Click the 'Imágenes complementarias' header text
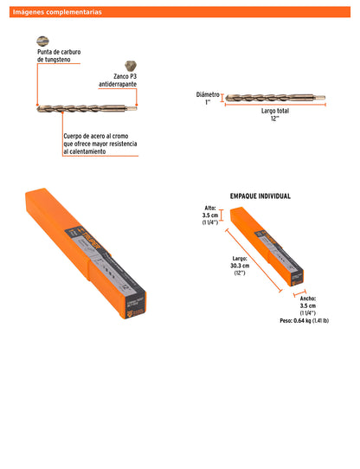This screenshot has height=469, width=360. [x=56, y=12]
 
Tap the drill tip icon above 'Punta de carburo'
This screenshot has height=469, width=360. [x=42, y=40]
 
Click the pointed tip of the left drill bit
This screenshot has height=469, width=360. [x=39, y=109]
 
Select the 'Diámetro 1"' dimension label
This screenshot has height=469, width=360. [x=208, y=98]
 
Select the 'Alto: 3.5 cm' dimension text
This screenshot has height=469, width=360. [x=209, y=213]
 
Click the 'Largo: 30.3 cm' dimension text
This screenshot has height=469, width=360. [x=240, y=265]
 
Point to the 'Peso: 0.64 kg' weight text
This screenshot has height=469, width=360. [x=305, y=320]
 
